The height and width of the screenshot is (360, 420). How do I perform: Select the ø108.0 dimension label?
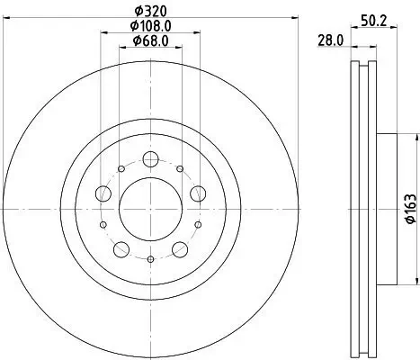coord(149,26)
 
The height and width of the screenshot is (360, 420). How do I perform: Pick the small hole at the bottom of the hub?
coord(149,258)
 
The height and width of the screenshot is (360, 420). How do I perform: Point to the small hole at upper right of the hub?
coord(181,168)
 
